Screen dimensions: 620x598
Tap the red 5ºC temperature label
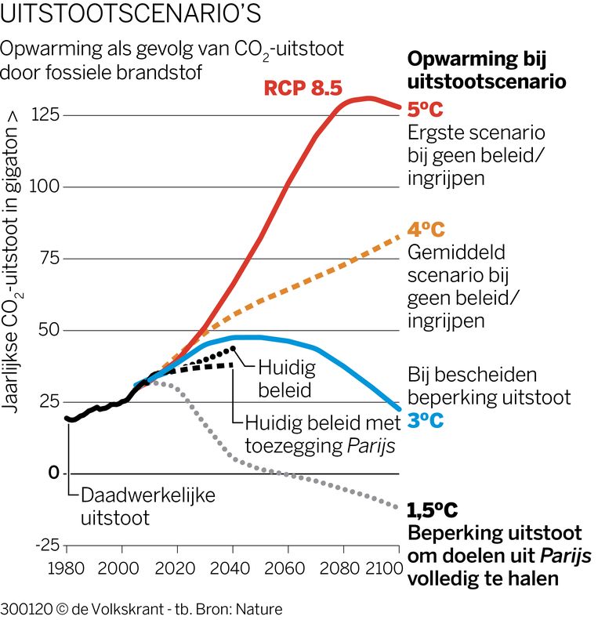click(x=426, y=111)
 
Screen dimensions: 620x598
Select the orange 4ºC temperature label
click(x=426, y=230)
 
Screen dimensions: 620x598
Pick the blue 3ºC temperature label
click(x=426, y=421)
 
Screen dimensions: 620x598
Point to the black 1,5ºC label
click(x=433, y=511)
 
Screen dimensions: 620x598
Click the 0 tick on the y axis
click(x=53, y=473)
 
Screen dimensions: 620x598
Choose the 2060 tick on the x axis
click(x=286, y=567)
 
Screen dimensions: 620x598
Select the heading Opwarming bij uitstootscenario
click(x=487, y=70)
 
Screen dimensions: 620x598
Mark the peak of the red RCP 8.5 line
click(x=369, y=98)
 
